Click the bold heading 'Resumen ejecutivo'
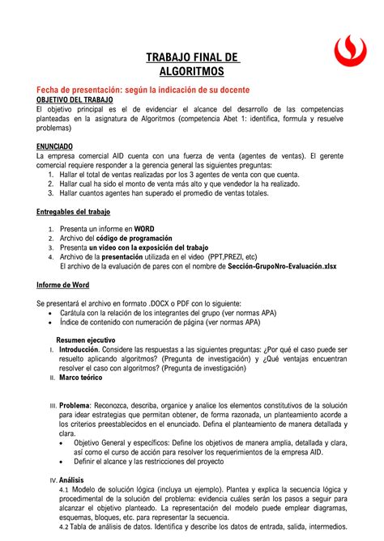pyautogui.click(x=85, y=340)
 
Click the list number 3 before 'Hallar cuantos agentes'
pyautogui.click(x=52, y=192)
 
